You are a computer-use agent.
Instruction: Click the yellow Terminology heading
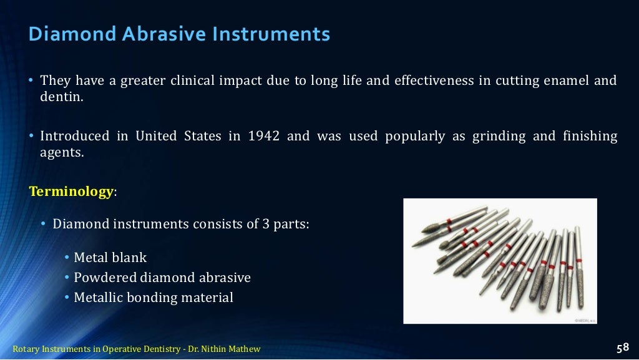point(71,192)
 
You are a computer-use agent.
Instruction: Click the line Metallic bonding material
point(154,298)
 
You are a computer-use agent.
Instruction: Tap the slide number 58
point(622,348)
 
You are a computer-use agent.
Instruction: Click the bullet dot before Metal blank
point(67,258)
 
